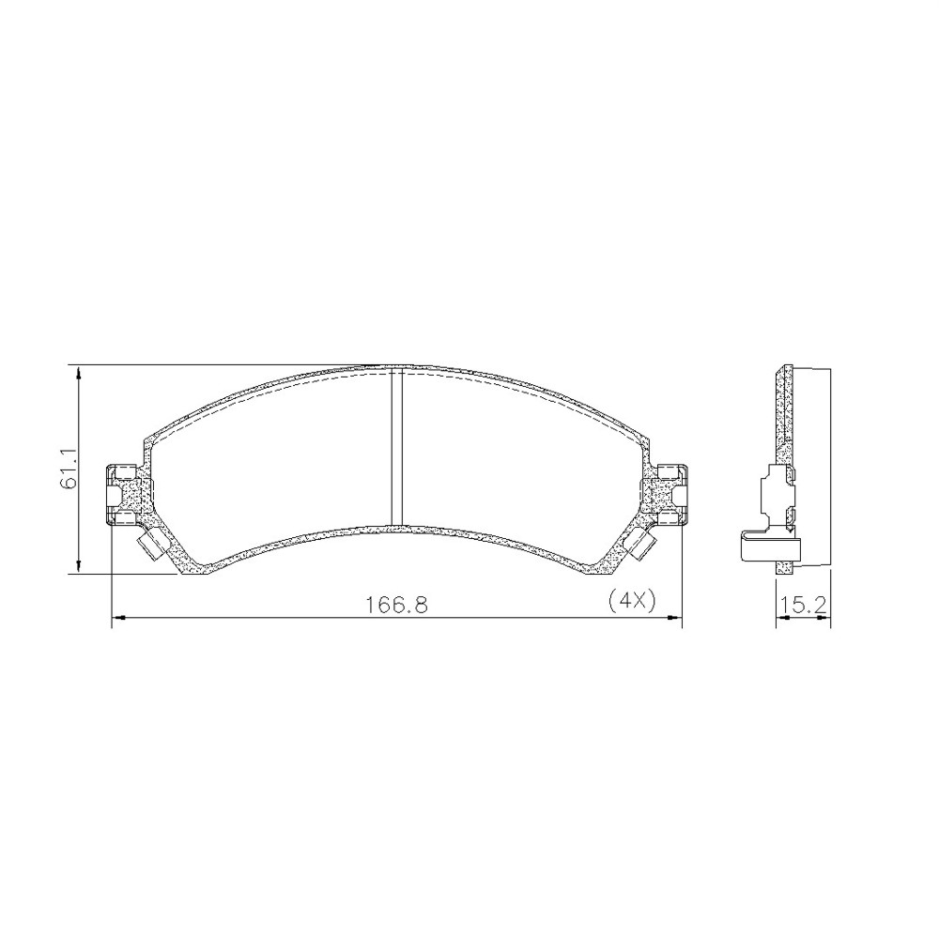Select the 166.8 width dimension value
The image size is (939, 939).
click(x=397, y=604)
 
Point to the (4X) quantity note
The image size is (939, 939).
click(x=632, y=599)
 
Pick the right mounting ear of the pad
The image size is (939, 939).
click(x=665, y=495)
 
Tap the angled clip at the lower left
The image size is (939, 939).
click(x=151, y=544)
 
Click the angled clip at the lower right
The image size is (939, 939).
click(x=639, y=543)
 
